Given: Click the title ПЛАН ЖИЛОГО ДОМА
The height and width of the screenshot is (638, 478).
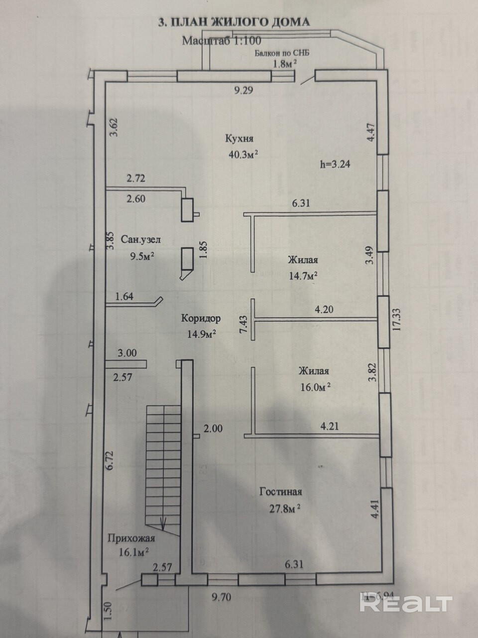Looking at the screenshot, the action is pyautogui.click(x=240, y=22).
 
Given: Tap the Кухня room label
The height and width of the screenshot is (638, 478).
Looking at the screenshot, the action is pyautogui.click(x=239, y=139).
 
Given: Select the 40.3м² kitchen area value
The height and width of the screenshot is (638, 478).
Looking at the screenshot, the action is pyautogui.click(x=243, y=154).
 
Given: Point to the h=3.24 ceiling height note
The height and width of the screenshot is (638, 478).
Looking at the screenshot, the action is pyautogui.click(x=335, y=164).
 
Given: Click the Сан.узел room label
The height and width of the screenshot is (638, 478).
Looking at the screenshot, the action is pyautogui.click(x=141, y=240).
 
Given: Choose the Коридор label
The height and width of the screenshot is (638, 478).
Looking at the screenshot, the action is pyautogui.click(x=201, y=319).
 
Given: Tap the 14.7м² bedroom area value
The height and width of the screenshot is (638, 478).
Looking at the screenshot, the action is pyautogui.click(x=303, y=275).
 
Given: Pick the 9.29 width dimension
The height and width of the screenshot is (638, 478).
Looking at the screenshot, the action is pyautogui.click(x=243, y=90).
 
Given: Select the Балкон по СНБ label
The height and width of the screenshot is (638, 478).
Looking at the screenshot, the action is pyautogui.click(x=282, y=53).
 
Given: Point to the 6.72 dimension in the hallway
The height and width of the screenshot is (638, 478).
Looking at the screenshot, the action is pyautogui.click(x=111, y=461).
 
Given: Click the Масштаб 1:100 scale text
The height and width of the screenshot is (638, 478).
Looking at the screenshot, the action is pyautogui.click(x=222, y=41).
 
